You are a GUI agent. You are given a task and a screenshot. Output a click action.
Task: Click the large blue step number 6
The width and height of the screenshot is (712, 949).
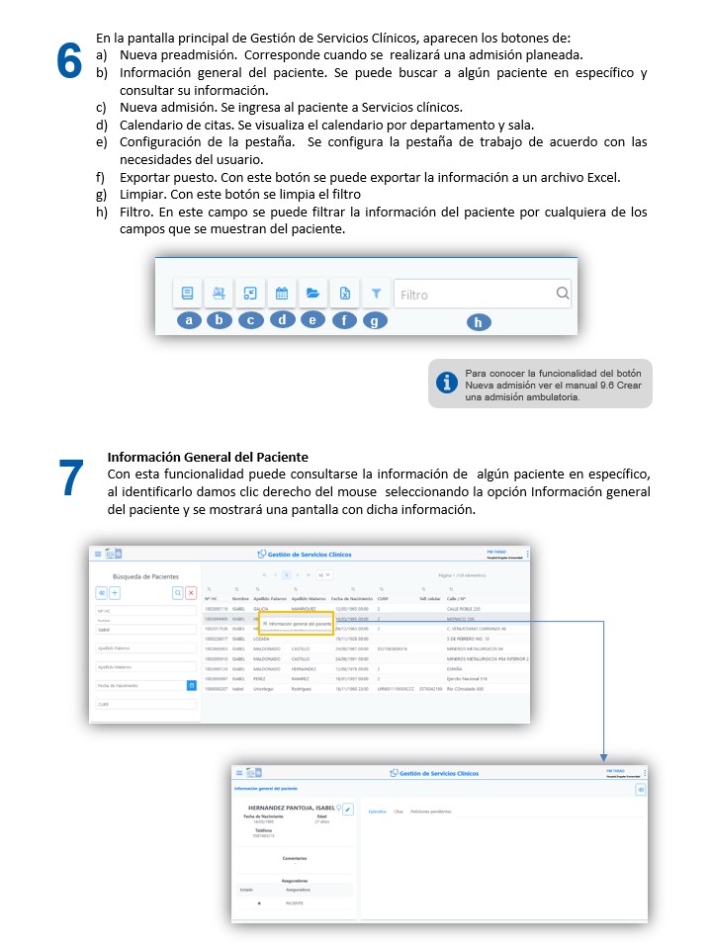tap(68, 61)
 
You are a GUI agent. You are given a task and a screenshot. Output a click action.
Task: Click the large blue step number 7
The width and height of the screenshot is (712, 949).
tap(71, 478)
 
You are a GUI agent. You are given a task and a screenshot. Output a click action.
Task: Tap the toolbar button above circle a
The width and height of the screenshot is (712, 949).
tap(187, 293)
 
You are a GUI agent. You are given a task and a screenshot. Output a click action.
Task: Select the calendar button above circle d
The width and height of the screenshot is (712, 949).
tap(281, 293)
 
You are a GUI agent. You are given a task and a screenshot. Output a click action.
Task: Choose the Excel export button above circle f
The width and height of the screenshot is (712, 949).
tap(344, 293)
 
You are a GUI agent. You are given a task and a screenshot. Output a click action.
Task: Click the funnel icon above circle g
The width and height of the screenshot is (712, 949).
tap(376, 294)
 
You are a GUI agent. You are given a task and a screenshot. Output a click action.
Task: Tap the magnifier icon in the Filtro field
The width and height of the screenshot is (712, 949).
tap(562, 293)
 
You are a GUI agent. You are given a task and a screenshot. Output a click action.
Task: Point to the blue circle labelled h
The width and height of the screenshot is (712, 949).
tap(479, 322)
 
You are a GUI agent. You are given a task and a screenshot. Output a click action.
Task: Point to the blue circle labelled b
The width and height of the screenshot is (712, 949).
tap(219, 320)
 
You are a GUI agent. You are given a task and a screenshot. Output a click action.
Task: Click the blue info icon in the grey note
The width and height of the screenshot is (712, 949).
tap(448, 383)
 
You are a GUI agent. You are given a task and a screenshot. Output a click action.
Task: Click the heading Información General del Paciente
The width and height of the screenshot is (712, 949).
tap(208, 458)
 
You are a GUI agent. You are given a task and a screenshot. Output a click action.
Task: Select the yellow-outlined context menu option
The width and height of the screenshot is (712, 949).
tap(297, 624)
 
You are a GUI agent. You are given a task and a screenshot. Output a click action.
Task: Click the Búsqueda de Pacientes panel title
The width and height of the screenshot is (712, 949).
tap(146, 575)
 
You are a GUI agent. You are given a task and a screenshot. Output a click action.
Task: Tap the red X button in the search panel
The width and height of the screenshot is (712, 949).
tap(191, 592)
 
